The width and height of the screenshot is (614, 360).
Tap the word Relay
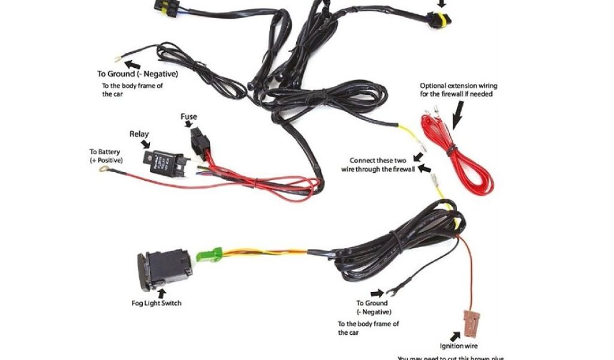pos(139,134)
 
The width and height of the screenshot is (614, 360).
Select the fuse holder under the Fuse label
pos(200,143)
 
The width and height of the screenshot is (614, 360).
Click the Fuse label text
pos(189,116)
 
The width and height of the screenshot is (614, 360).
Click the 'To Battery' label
pos(105,157)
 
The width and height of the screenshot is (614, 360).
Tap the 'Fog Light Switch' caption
pos(156,303)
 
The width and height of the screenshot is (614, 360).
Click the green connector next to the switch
pos(210,254)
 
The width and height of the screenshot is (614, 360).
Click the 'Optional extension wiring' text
pos(458,90)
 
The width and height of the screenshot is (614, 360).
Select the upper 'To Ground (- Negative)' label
pos(137,74)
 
